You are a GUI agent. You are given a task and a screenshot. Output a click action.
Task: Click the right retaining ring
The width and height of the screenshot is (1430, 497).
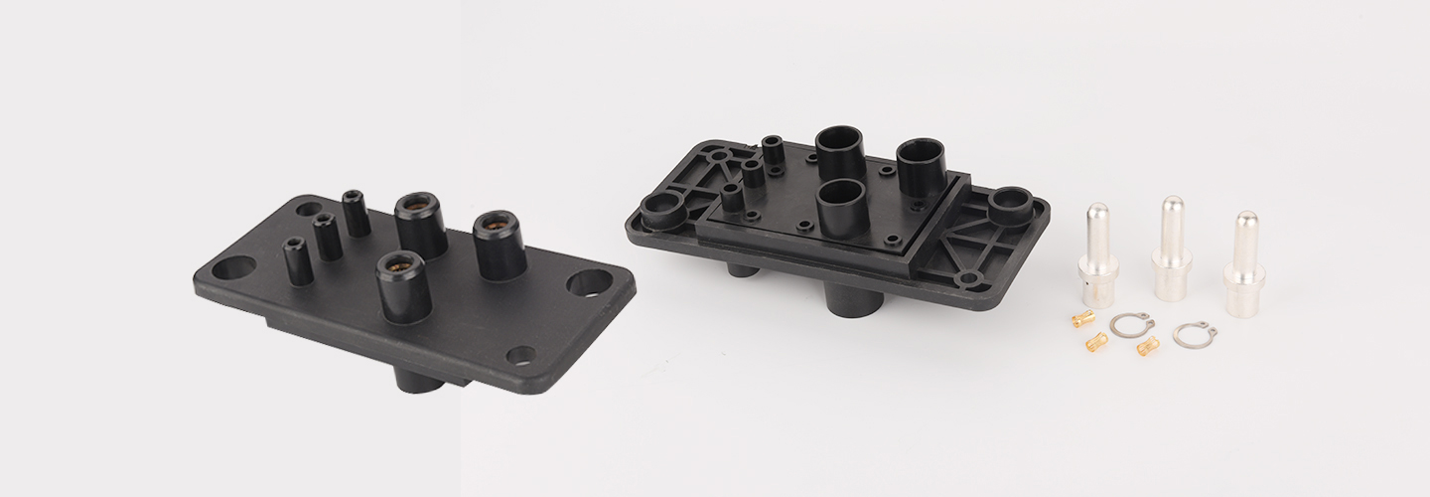coord(1194,335)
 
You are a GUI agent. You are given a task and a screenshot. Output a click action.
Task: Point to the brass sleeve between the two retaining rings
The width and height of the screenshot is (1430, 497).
coord(1148,346)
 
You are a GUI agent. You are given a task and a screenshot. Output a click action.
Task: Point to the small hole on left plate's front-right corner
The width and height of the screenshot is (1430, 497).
coord(518,354)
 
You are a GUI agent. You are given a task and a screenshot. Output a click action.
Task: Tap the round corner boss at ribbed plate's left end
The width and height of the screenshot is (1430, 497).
coord(657,210)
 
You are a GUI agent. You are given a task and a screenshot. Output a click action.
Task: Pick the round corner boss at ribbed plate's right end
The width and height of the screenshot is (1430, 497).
coord(1009,203)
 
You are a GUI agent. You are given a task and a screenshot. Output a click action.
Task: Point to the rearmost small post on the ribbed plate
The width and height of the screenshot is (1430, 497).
coord(773,150)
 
